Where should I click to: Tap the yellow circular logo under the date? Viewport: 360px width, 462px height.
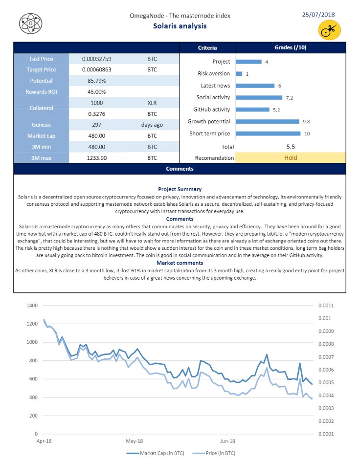[x=329, y=31]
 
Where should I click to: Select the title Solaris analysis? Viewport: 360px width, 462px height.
[x=180, y=26]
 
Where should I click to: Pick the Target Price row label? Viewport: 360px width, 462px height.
[x=41, y=69]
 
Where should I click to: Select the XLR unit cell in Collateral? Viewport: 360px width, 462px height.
[x=153, y=103]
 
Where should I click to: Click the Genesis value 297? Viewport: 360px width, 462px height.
[x=96, y=125]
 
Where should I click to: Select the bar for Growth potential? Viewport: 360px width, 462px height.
[x=267, y=121]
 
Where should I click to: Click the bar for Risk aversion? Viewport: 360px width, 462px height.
[x=239, y=74]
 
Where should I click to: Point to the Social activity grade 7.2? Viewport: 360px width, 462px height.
[x=289, y=98]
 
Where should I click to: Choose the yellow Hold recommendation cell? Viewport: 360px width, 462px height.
[x=291, y=157]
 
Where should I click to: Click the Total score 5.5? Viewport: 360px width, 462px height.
[x=291, y=146]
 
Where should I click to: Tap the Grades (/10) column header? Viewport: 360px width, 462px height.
[x=291, y=47]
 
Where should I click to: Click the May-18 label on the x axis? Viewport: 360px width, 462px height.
[x=134, y=440]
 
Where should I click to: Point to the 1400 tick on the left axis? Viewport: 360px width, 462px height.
[x=32, y=306]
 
